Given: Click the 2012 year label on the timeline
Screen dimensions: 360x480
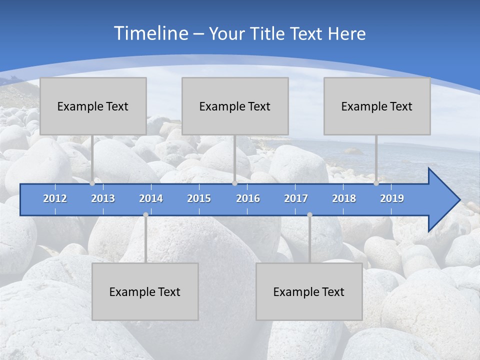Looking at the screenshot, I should tap(55, 198).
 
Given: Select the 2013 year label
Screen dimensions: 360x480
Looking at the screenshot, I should tap(103, 198).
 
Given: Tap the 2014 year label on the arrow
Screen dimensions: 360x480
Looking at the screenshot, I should tap(151, 198).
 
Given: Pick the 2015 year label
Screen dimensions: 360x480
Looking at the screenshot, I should tap(199, 198).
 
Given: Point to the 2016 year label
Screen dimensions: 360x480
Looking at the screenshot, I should tap(248, 198).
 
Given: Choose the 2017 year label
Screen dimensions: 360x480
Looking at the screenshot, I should tap(296, 198).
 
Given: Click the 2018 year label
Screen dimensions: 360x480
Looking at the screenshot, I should tap(344, 198).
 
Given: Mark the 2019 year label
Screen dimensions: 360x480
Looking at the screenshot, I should tap(392, 198).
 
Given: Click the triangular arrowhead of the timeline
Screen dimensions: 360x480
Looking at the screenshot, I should tap(443, 200).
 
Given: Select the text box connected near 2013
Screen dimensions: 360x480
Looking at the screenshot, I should tap(93, 106).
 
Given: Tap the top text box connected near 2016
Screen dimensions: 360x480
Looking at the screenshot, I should tap(235, 106).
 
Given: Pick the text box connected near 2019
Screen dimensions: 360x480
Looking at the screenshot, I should tap(377, 106).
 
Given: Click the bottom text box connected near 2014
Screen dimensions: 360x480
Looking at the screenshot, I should tap(145, 291).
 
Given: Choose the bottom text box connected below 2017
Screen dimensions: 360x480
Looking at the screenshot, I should tap(309, 291).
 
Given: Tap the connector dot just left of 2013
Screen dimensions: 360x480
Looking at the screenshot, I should tap(92, 183).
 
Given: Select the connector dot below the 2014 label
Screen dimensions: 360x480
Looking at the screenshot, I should tap(145, 214).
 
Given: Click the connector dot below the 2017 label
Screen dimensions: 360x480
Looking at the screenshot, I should tap(309, 214).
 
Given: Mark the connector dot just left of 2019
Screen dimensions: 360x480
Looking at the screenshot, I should tap(376, 183).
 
